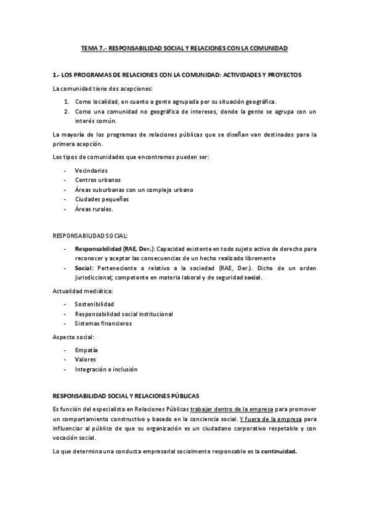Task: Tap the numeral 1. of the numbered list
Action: click(x=67, y=102)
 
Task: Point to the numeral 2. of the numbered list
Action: click(x=67, y=112)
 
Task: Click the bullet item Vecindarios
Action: click(x=91, y=170)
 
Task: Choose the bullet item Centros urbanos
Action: click(x=97, y=179)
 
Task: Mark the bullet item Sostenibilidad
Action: click(x=94, y=304)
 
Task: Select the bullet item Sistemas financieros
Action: click(x=103, y=323)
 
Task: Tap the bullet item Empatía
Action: click(x=86, y=350)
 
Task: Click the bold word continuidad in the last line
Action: click(x=278, y=451)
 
